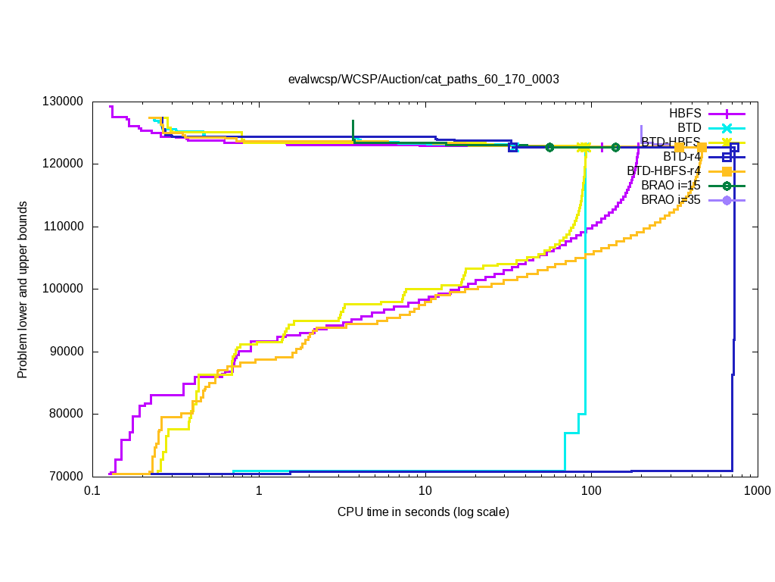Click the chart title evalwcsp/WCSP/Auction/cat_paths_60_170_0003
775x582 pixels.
pyautogui.click(x=423, y=79)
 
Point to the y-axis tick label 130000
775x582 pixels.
pyautogui.click(x=63, y=102)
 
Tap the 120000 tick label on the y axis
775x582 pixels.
pyautogui.click(x=63, y=164)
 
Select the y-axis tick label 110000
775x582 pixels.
pyautogui.click(x=63, y=227)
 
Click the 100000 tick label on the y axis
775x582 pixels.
pyautogui.click(x=63, y=289)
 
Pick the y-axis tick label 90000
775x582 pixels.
pyautogui.click(x=66, y=352)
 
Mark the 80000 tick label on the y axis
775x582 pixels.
pyautogui.click(x=66, y=414)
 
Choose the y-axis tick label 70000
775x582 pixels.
pyautogui.click(x=66, y=476)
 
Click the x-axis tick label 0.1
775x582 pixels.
pyautogui.click(x=92, y=491)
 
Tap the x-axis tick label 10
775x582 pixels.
pyautogui.click(x=425, y=491)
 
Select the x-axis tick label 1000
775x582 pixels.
pyautogui.click(x=757, y=491)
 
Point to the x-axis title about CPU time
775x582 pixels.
pyautogui.click(x=423, y=512)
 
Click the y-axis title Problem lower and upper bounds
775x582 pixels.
pyautogui.click(x=23, y=289)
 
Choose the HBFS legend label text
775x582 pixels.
pyautogui.click(x=685, y=113)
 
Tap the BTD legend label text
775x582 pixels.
pyautogui.click(x=689, y=127)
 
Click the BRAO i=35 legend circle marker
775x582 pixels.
pyautogui.click(x=727, y=200)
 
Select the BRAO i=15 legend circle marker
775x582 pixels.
pyautogui.click(x=727, y=186)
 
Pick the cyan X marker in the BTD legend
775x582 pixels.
pyautogui.click(x=727, y=127)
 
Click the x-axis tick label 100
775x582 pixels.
pyautogui.click(x=590, y=491)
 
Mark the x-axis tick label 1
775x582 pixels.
pyautogui.click(x=258, y=491)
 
